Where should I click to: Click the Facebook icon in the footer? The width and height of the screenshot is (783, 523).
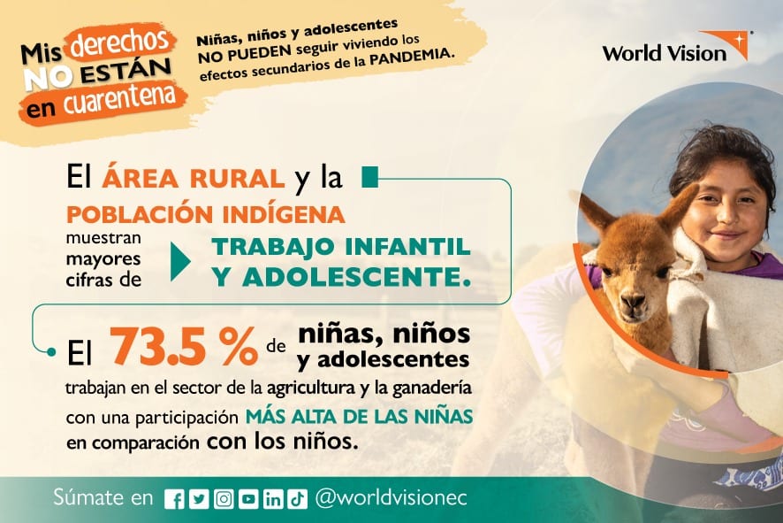[174, 499]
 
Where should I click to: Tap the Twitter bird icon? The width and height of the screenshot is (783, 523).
[199, 499]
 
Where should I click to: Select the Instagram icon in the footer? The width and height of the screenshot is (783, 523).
[224, 499]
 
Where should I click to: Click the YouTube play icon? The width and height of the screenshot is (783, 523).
[248, 499]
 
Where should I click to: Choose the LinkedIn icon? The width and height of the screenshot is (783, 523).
[273, 499]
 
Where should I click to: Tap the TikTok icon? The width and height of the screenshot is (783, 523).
[298, 499]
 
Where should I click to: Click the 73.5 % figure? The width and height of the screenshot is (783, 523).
[183, 346]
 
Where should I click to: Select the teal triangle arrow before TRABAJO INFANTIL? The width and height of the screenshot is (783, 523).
[179, 262]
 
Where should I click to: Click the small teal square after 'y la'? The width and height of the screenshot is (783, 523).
[370, 177]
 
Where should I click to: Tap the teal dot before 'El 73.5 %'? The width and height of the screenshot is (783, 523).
[51, 352]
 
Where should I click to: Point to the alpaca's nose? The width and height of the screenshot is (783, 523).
[633, 301]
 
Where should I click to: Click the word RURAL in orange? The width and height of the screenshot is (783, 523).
[237, 179]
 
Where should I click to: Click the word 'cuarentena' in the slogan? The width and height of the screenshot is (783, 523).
[119, 99]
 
